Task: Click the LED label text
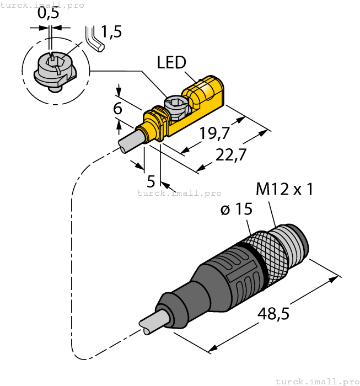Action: point(171,62)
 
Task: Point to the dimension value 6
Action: point(117,109)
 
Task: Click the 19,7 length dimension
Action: point(214,134)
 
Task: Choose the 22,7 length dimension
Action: point(230,156)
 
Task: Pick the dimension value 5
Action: point(151,181)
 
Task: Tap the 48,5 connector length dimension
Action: point(273,315)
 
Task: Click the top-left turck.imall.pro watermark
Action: point(42,5)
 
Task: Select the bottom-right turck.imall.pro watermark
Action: point(317,381)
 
